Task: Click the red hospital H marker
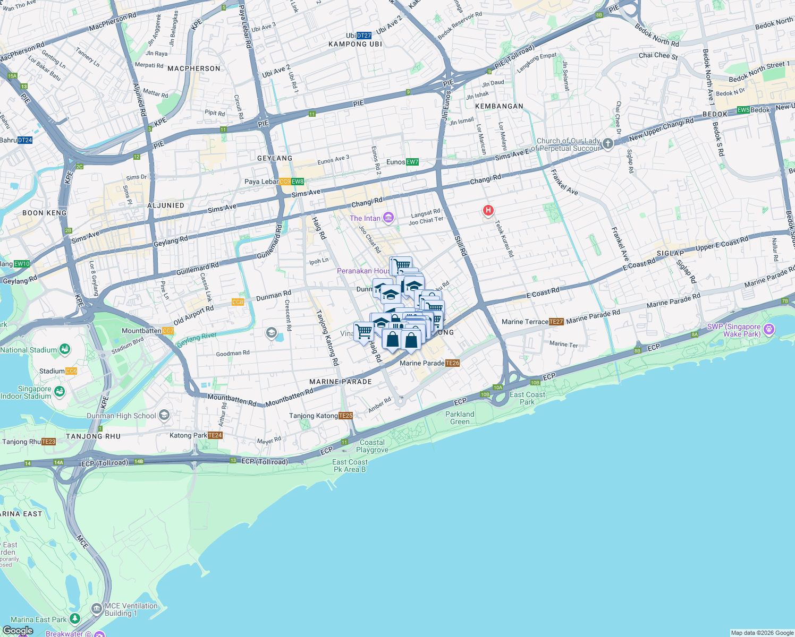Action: [488, 210]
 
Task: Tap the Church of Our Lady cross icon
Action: [607, 143]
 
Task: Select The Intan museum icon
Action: [388, 218]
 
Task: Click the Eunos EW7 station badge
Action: [412, 162]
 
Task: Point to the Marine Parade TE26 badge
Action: [452, 363]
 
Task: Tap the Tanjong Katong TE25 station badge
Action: [345, 416]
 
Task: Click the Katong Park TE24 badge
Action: [215, 435]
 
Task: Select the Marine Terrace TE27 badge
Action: [556, 322]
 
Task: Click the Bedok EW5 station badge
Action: [743, 110]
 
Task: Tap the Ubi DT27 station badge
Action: [364, 36]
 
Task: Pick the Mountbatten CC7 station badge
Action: [168, 331]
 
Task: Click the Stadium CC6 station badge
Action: [71, 371]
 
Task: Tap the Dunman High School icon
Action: [164, 415]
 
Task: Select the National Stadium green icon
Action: [65, 349]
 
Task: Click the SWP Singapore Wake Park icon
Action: [768, 330]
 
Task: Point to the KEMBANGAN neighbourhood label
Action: [499, 106]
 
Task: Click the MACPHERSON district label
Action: [193, 68]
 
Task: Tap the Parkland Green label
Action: [460, 418]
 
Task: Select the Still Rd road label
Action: [460, 246]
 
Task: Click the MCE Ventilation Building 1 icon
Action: [96, 608]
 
